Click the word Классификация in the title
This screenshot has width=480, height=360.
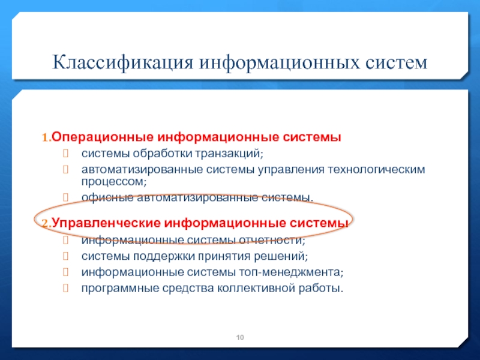click(123, 63)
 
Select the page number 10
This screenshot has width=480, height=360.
click(240, 337)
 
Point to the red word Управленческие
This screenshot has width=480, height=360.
click(106, 223)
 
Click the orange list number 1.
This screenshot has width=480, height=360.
click(46, 138)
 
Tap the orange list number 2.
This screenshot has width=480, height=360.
click(46, 224)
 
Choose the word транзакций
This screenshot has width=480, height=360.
click(229, 154)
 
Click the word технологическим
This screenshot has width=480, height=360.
click(377, 169)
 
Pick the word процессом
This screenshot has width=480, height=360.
click(114, 182)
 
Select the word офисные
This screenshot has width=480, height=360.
click(107, 197)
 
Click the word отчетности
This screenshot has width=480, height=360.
click(272, 241)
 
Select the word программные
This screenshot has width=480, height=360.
click(121, 289)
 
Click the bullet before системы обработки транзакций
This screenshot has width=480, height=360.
click(65, 154)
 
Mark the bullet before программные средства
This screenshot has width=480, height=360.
click(65, 288)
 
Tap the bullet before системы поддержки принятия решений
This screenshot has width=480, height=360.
click(65, 256)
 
